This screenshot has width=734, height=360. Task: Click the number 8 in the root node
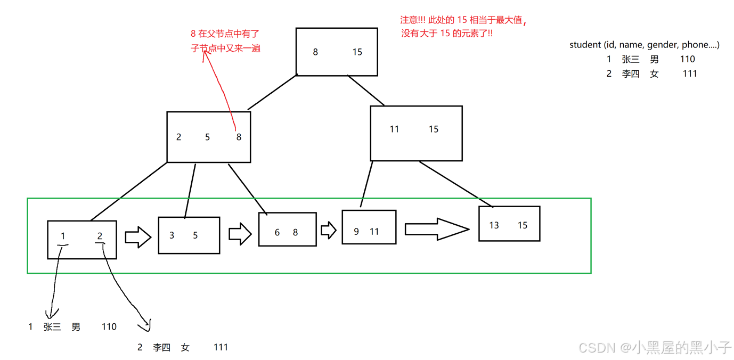pos(315,52)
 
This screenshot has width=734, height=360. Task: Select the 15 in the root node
pos(357,52)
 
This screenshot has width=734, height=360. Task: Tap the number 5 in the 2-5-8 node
pos(207,137)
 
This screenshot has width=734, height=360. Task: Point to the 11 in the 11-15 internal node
pos(394,129)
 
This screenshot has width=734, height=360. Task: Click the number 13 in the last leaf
pos(494,225)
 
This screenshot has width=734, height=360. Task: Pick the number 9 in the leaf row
pos(356,232)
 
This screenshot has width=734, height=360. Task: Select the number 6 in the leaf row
pos(277,233)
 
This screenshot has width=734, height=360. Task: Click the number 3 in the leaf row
pos(172,235)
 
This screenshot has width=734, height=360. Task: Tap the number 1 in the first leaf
pos(63,236)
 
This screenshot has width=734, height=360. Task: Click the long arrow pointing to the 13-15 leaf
pos(436,229)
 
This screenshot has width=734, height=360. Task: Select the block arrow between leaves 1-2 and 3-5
pos(138,237)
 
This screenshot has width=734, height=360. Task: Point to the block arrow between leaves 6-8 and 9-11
pos(328,230)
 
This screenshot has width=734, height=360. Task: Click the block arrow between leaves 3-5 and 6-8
pos(240,234)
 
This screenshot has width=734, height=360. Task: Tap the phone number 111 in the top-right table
pos(690,73)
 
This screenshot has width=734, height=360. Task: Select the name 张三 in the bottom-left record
pos(52,327)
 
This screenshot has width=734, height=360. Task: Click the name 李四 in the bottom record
pos(161,347)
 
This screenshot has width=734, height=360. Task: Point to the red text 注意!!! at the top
pos(413,20)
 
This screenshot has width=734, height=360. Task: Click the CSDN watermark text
pos(597,348)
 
